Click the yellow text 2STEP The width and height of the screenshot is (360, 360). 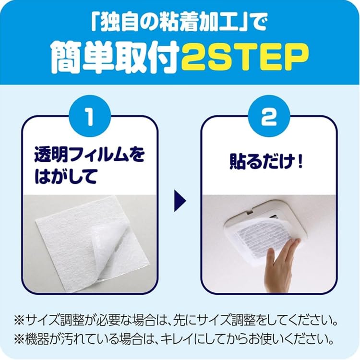coord(245,57)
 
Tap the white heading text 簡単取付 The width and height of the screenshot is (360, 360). coord(115,57)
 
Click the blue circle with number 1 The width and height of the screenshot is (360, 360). coord(90,116)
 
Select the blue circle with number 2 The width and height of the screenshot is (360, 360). coord(269,116)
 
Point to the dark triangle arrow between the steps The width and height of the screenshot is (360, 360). coord(180,201)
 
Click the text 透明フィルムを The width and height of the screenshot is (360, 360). coord(89,154)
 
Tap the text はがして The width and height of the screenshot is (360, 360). coord(65,176)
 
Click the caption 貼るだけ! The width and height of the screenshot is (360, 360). coord(266,162)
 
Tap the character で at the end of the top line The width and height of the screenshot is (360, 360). coord(258,23)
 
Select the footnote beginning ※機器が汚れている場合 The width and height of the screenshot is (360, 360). coord(174,339)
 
